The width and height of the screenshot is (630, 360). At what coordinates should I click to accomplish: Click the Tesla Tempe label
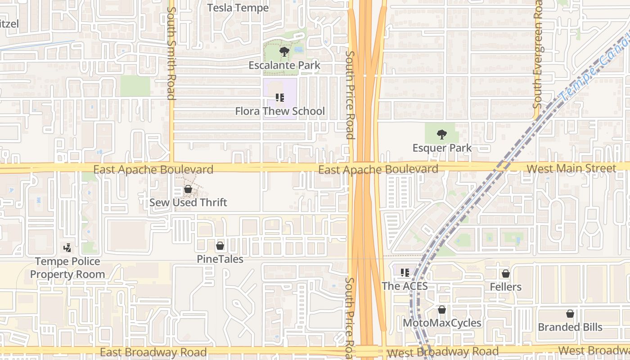(x=238, y=8)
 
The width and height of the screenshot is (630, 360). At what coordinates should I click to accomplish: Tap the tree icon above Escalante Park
(x=284, y=52)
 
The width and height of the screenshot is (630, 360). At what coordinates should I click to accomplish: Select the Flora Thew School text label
(x=280, y=111)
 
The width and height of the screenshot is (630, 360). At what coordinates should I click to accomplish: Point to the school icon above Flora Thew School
(x=280, y=98)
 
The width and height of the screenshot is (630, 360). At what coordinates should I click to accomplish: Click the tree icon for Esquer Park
(x=442, y=134)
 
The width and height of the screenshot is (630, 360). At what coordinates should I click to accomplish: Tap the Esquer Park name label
(x=442, y=148)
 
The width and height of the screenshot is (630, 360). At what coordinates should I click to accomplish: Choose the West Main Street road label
(x=571, y=169)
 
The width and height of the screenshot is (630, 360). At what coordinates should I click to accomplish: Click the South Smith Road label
(x=171, y=53)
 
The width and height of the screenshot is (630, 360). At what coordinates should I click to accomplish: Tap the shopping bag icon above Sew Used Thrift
(x=188, y=189)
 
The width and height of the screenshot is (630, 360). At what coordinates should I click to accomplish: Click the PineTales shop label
(x=220, y=259)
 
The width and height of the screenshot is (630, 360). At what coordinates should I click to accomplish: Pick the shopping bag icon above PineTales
(x=220, y=246)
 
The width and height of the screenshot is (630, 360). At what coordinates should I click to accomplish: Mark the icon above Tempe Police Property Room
(x=67, y=247)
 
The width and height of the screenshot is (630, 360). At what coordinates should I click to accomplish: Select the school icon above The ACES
(x=405, y=272)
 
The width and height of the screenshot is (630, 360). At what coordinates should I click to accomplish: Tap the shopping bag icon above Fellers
(x=506, y=274)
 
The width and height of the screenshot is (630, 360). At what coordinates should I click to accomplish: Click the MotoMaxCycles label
(x=442, y=323)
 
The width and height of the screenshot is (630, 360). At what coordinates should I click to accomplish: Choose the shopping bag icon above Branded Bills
(x=570, y=314)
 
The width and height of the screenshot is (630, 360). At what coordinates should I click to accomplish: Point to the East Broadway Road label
(x=153, y=352)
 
